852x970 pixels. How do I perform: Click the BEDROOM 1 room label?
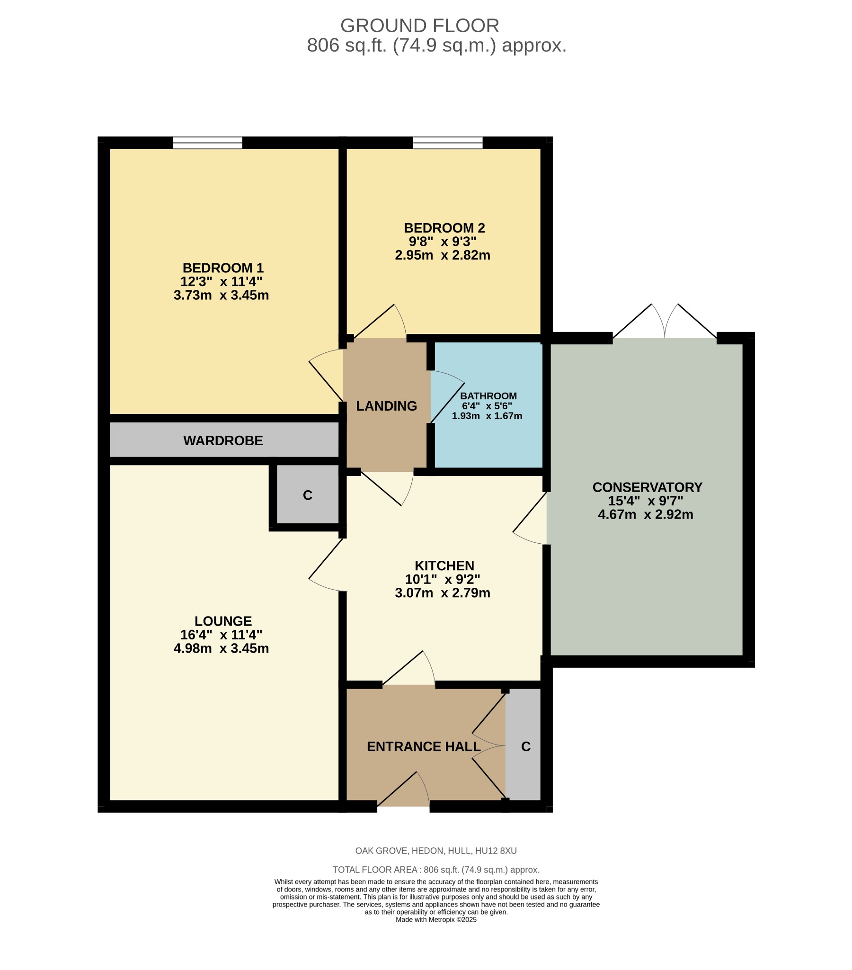pos(222,268)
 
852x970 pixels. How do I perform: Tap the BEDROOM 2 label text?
pos(444,228)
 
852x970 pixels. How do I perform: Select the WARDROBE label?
pos(223,440)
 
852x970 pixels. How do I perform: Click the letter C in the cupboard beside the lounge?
pos(307,495)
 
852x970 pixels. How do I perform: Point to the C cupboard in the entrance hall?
pos(525,746)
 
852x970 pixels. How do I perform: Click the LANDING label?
pos(386,406)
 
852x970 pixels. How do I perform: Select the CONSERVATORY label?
pos(647,487)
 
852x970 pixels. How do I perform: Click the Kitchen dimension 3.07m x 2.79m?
pos(442,593)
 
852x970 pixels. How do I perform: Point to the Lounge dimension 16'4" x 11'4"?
pos(221,635)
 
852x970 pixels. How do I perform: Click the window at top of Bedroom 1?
pos(207,143)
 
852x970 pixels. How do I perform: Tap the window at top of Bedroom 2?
pos(447,143)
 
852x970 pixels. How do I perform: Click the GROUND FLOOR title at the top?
pos(419,26)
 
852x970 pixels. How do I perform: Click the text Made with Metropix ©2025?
pos(435,920)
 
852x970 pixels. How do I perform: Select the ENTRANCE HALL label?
pos(423,746)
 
